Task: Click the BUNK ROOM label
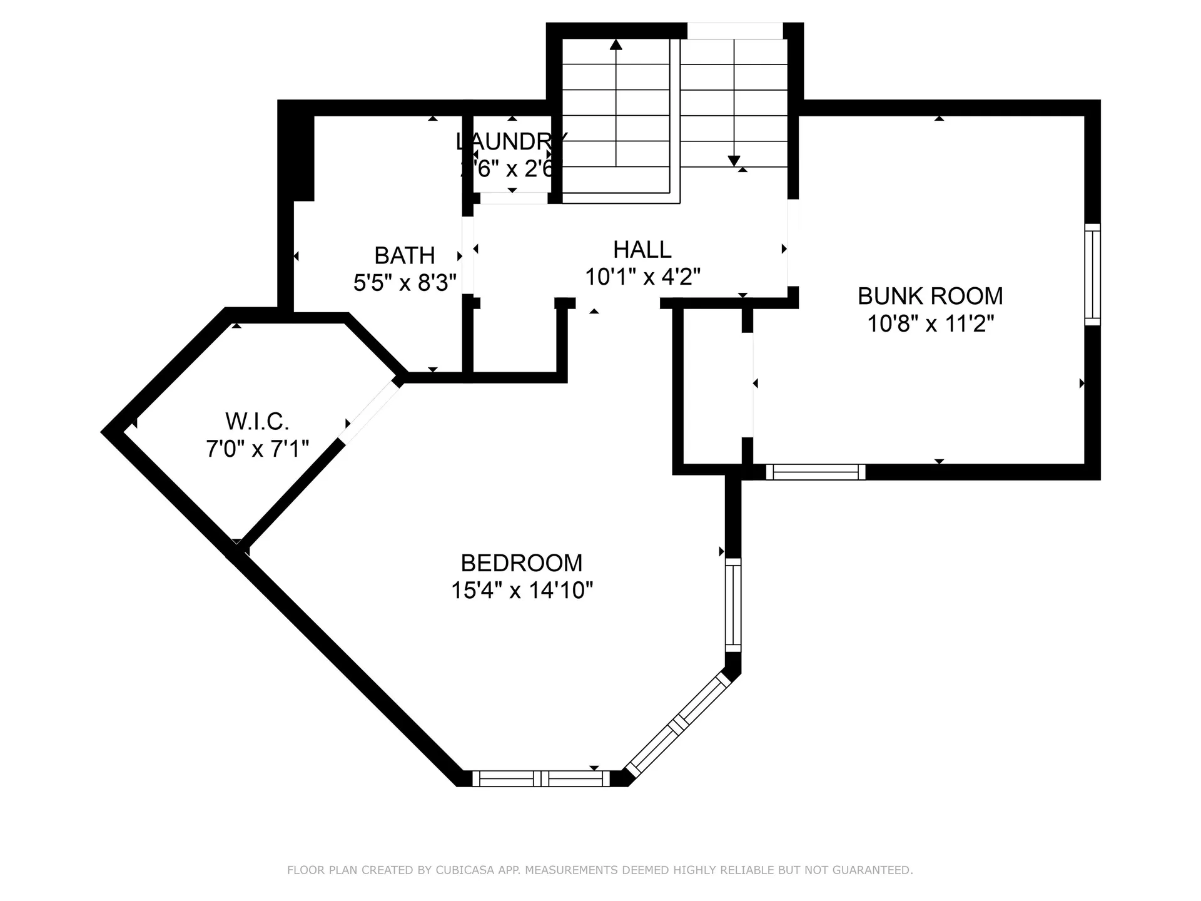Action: click(930, 296)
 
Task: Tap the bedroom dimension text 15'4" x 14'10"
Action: click(522, 590)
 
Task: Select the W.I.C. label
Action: click(257, 422)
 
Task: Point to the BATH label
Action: click(405, 255)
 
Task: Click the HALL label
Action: click(642, 250)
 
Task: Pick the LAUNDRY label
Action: click(512, 141)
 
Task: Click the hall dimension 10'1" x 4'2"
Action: click(642, 277)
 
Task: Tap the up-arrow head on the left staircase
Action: click(616, 44)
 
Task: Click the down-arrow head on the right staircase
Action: click(734, 161)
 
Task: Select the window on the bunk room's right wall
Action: click(1092, 274)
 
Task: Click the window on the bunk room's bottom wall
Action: click(816, 472)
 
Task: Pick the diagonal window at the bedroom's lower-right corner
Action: click(678, 725)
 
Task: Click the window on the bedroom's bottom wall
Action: click(540, 778)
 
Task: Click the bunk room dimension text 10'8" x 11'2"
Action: click(930, 324)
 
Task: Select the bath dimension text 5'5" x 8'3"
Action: click(405, 283)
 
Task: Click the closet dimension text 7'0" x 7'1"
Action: click(257, 449)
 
